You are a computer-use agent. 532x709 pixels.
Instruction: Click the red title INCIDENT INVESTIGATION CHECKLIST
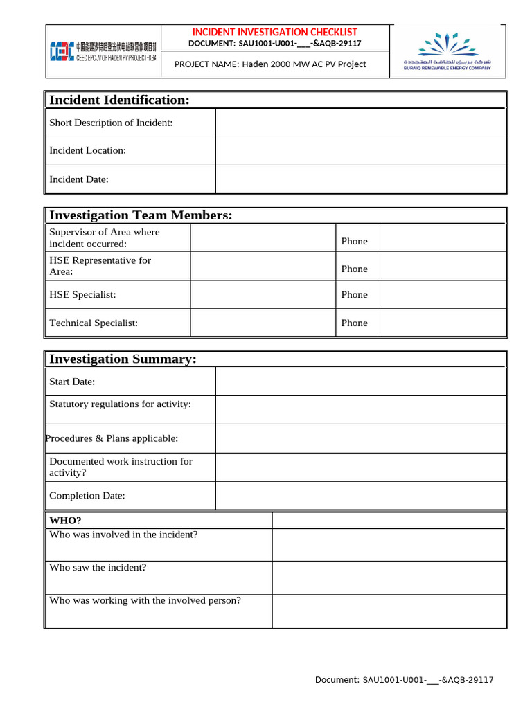point(274,32)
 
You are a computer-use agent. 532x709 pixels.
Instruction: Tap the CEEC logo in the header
point(103,51)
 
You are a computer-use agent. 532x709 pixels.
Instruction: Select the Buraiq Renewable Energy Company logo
point(447,51)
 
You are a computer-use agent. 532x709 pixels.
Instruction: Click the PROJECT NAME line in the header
point(270,64)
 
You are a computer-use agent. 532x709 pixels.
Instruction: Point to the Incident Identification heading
point(119,100)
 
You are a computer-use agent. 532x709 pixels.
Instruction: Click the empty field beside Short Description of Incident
point(361,123)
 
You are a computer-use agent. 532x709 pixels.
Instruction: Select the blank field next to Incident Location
point(361,150)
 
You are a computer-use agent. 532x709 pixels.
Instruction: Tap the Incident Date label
point(79,179)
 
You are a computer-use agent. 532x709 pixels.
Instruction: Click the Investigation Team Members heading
point(141,216)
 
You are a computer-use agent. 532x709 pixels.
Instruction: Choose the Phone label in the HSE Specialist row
point(354,295)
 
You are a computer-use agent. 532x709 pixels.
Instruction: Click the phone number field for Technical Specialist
point(443,323)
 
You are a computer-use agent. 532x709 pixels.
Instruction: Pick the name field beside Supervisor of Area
point(263,238)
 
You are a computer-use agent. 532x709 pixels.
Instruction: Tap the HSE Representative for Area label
point(100,266)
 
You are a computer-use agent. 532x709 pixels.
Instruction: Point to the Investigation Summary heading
point(123,359)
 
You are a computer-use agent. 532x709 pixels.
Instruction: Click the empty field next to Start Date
point(361,382)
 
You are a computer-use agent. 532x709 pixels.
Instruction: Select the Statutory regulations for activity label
point(120,404)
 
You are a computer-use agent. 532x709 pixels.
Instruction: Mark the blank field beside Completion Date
point(361,496)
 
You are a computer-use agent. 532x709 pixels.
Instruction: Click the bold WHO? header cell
point(66,520)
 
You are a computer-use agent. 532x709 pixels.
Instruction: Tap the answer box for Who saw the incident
point(389,577)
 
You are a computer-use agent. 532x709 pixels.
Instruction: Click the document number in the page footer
point(404,680)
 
